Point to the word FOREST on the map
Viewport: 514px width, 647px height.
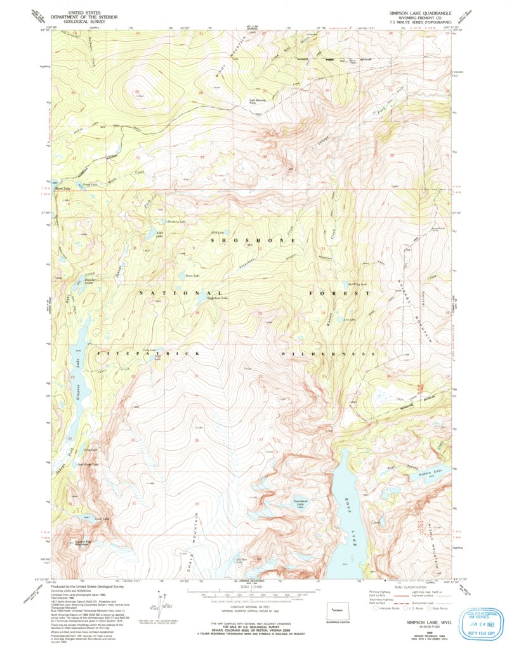tap(339, 293)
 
